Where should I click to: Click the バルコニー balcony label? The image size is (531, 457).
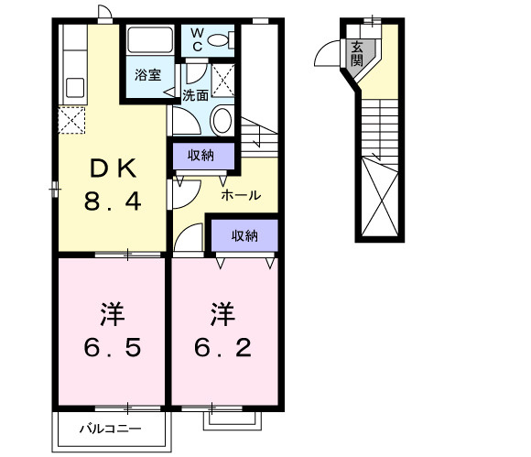coord(109,428)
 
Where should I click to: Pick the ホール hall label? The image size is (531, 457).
coord(241,194)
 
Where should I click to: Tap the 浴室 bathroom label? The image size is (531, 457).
coord(148,75)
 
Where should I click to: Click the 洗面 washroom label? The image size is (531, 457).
coord(196,93)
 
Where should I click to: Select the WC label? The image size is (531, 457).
coord(197,40)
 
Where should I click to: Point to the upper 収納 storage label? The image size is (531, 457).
coord(201,155)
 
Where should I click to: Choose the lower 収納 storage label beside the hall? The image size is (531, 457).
coord(244,235)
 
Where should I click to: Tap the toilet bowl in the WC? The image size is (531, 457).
coord(220,40)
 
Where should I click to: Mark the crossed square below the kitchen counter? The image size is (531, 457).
coord(71,120)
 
